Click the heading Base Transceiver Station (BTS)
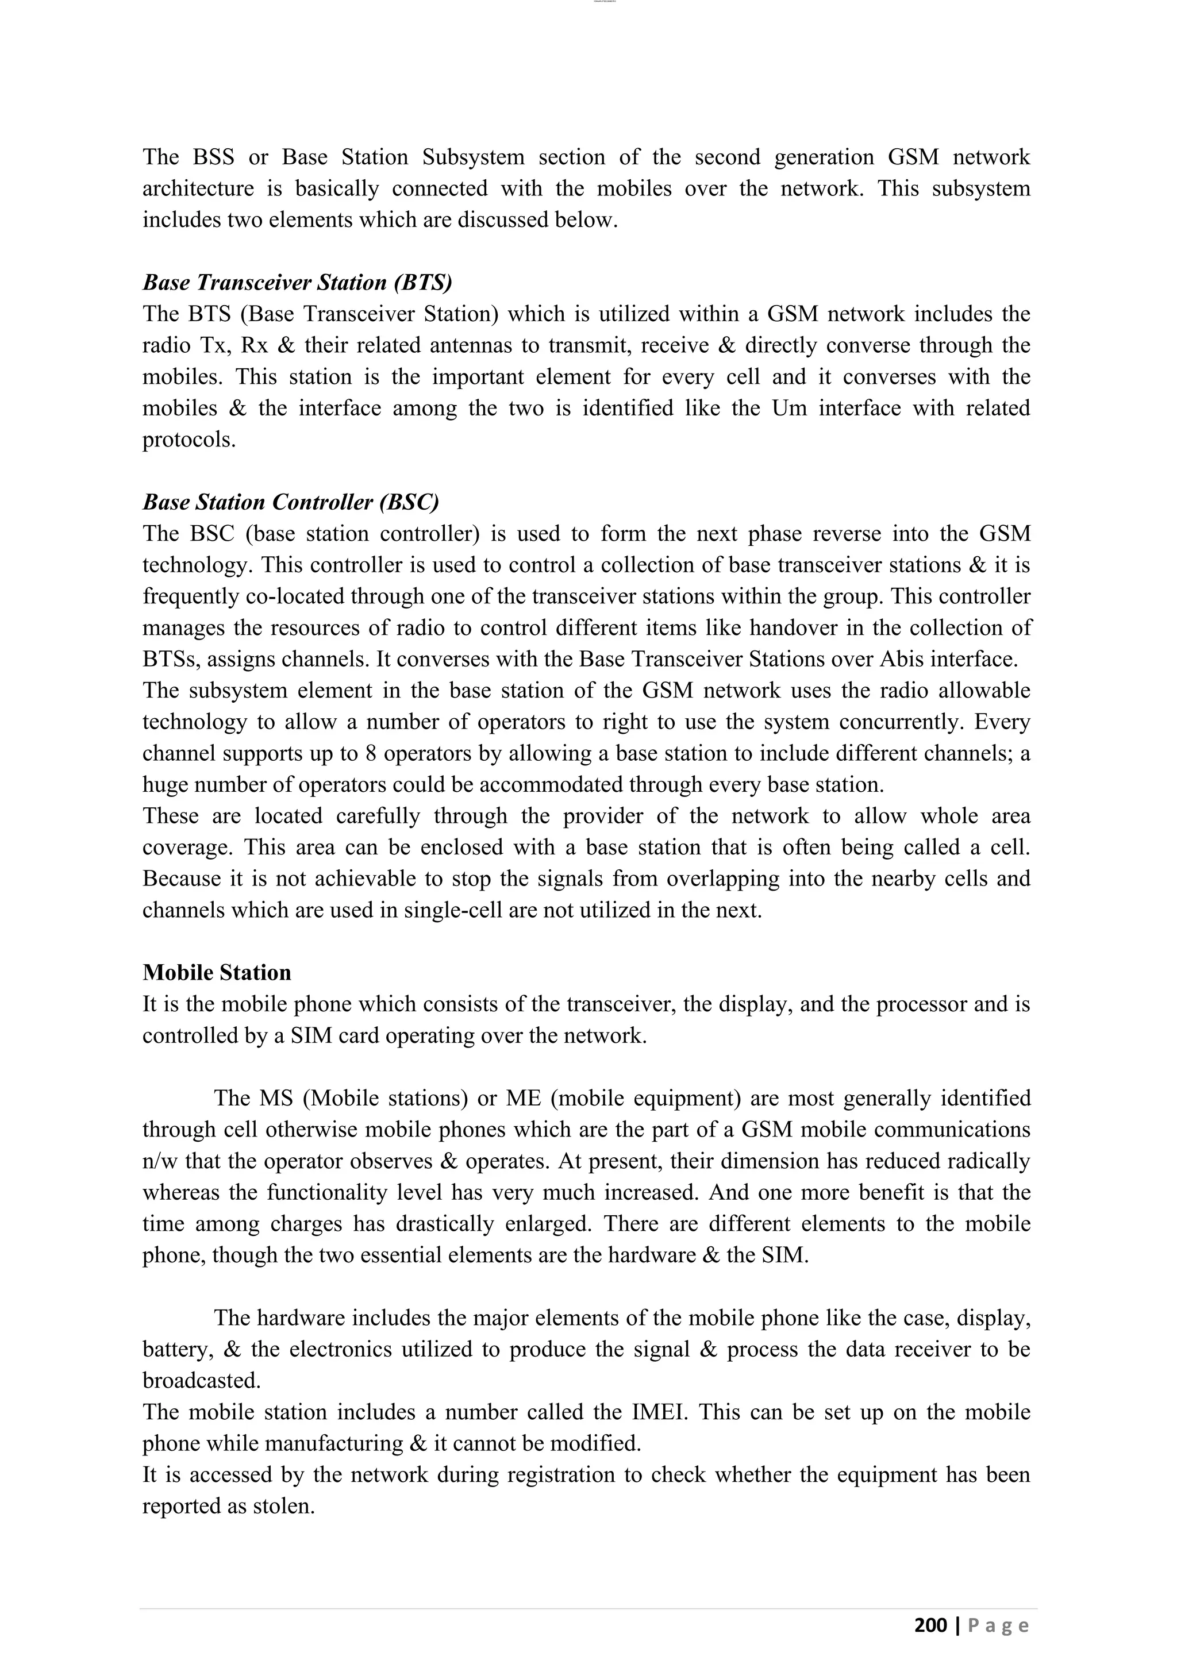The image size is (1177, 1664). coord(297,282)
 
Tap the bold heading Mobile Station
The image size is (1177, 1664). coord(217,972)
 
